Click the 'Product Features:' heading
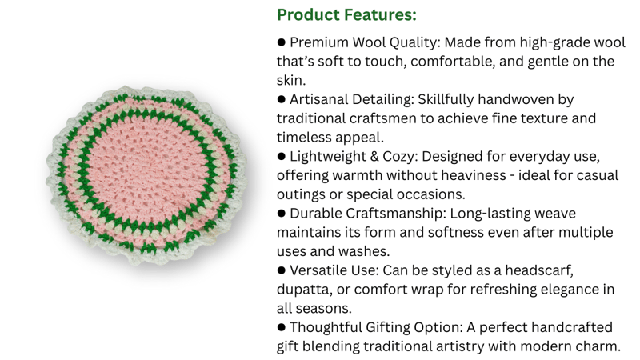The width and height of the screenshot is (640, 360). click(346, 15)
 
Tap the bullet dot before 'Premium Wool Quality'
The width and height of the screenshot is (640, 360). click(282, 42)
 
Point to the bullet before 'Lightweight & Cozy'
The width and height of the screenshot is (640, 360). click(282, 156)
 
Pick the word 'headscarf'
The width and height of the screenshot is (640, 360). click(539, 270)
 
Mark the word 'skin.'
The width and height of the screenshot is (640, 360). click(291, 81)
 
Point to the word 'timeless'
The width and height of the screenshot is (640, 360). click(304, 137)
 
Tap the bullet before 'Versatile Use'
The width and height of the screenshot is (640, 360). click(282, 270)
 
